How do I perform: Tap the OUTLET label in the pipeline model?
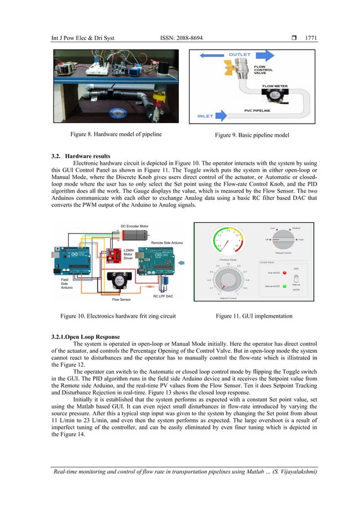click(240, 54)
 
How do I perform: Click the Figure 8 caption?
click(116, 134)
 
